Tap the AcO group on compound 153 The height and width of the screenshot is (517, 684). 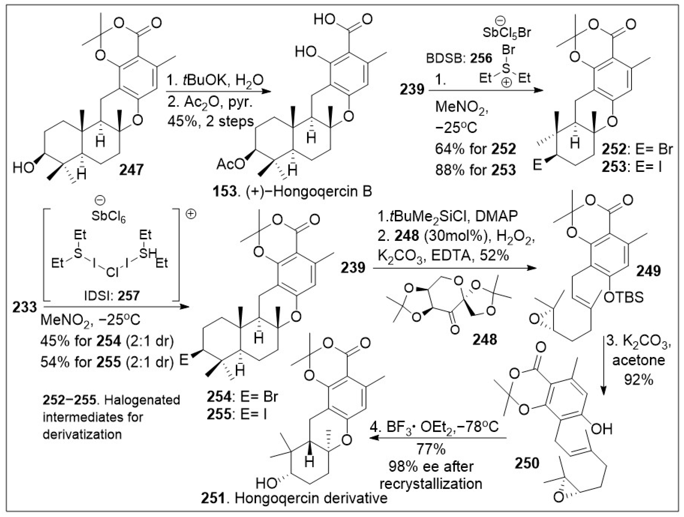230,164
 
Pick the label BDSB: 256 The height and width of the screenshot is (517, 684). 459,58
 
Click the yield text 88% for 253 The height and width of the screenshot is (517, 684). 476,169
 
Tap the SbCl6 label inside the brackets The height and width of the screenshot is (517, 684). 109,217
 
